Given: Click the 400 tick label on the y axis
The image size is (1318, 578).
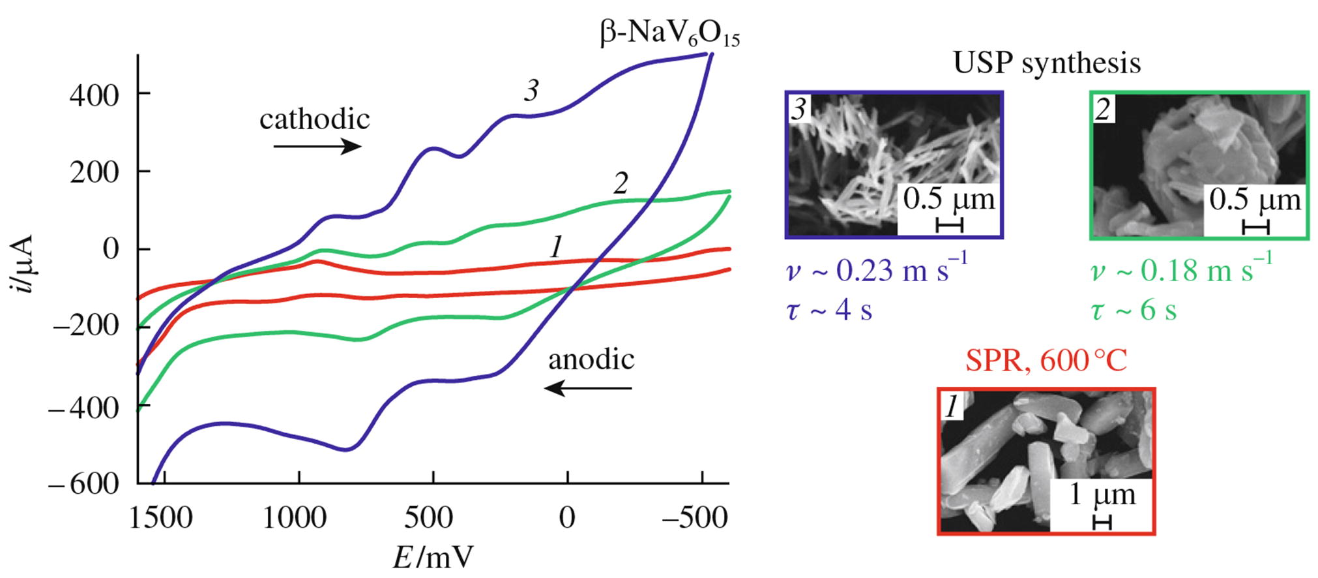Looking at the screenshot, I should coord(95,96).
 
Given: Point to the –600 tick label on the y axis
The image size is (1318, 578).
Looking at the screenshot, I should coord(84,484).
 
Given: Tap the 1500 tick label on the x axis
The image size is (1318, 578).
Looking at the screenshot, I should coord(160,518).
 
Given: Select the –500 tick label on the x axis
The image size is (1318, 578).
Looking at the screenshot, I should coord(695,518).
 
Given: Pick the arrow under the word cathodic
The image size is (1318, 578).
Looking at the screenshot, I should coord(317,146).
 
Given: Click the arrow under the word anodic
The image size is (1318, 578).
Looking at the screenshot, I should coord(589,389).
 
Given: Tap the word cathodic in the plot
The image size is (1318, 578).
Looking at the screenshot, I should coord(315,119).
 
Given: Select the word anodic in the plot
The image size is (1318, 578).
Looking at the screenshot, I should coord(591,359).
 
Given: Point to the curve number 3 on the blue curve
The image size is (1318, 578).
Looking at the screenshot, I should coord(531,91).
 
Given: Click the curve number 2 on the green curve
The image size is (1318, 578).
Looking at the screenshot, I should coord(621,184).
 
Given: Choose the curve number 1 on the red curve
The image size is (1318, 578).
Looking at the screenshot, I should coord(555,248).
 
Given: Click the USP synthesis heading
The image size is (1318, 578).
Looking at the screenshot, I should coord(1047,63).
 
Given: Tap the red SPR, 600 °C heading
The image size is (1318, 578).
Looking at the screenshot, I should coord(1046,360).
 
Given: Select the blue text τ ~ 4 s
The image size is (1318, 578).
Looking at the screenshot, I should coord(829,310).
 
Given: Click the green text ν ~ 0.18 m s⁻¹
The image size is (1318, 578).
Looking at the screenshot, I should coord(1181,270).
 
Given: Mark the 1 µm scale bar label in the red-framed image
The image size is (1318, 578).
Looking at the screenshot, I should coord(1102,495).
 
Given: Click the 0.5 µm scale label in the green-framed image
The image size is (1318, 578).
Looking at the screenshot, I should coord(1255,200).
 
